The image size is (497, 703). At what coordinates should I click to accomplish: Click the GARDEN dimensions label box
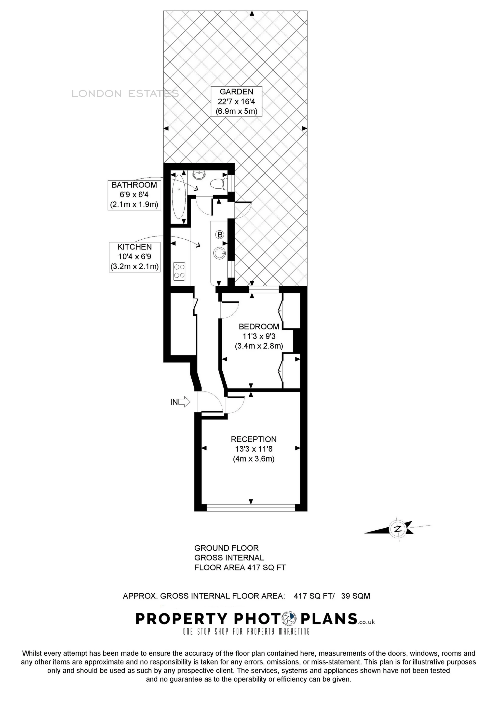tap(237, 101)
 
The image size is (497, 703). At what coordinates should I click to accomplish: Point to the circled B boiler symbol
tap(219, 235)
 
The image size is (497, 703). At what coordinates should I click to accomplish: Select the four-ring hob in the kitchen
tap(179, 271)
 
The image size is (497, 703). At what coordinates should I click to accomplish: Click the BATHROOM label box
tap(134, 195)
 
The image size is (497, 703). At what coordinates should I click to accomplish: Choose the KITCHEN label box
tap(134, 257)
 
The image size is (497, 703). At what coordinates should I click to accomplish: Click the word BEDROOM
tap(259, 326)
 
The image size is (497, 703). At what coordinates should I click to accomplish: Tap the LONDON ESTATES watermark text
tap(125, 94)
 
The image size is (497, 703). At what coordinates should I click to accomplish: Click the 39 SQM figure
tap(355, 596)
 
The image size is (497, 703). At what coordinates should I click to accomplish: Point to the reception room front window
tap(251, 508)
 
